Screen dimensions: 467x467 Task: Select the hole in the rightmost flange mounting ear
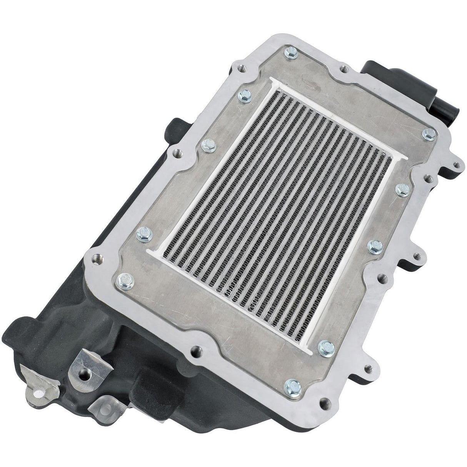(456, 165)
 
